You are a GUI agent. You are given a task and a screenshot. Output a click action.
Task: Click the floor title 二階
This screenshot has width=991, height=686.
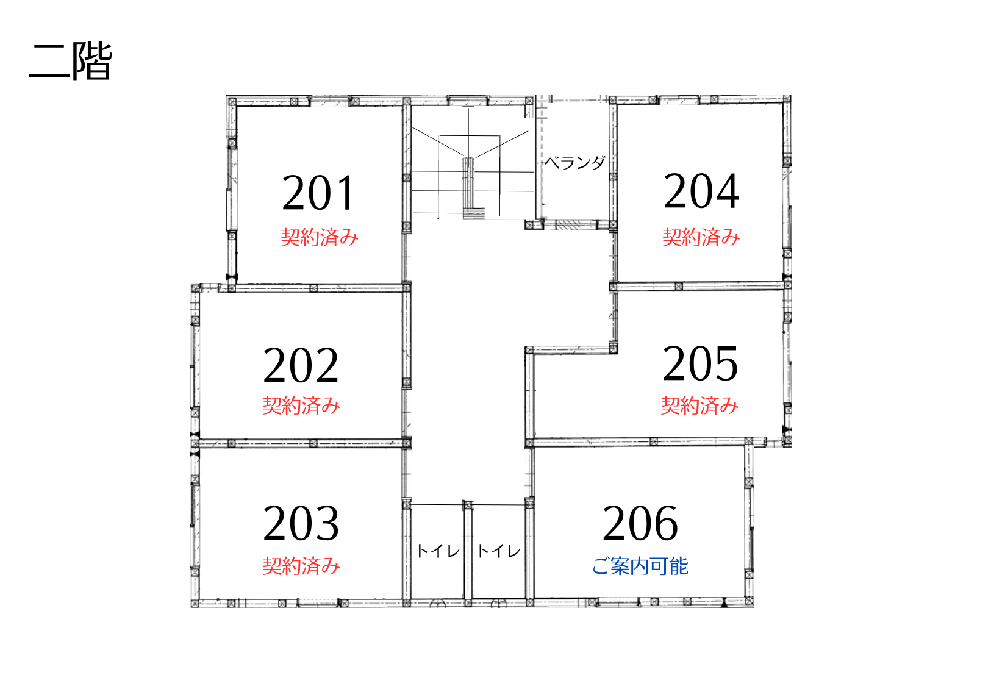coord(70,61)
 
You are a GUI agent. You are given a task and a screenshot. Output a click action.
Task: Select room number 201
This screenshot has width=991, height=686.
coord(318,193)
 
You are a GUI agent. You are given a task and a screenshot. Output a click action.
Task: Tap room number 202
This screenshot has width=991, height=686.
coord(301,365)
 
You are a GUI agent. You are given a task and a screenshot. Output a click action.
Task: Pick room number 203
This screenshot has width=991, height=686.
coord(301,524)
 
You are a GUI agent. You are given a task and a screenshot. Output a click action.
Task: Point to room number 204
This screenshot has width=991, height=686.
coord(701,191)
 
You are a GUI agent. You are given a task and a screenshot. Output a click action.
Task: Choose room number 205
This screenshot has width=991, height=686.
coord(700,363)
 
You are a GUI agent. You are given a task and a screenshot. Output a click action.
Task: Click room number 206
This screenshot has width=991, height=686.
coord(640,524)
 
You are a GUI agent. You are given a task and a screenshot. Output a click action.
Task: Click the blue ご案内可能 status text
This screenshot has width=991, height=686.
coord(640,566)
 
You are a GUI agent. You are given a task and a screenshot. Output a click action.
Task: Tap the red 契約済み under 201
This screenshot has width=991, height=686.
coord(319,237)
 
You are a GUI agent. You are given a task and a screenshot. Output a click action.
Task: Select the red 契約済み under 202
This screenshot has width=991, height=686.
coord(301,406)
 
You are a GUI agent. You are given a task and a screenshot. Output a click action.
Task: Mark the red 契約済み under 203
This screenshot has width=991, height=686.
coord(301,566)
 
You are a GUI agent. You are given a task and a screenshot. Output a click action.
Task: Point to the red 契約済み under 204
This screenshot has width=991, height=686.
coord(701,237)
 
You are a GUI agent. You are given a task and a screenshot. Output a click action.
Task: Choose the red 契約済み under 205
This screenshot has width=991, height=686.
coord(699,406)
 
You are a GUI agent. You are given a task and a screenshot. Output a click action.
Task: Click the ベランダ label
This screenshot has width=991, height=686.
coord(574,163)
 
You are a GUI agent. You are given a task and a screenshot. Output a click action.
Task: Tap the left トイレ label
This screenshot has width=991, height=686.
coord(438,551)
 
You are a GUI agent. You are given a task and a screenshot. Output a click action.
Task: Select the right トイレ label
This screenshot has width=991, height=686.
coord(499,551)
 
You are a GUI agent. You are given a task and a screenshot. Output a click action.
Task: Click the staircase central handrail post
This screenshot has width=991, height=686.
coord(468,186)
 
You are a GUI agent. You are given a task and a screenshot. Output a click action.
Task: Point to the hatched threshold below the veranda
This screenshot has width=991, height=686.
coord(568,225)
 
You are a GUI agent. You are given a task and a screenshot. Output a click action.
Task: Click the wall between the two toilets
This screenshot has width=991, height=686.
coord(468,553)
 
